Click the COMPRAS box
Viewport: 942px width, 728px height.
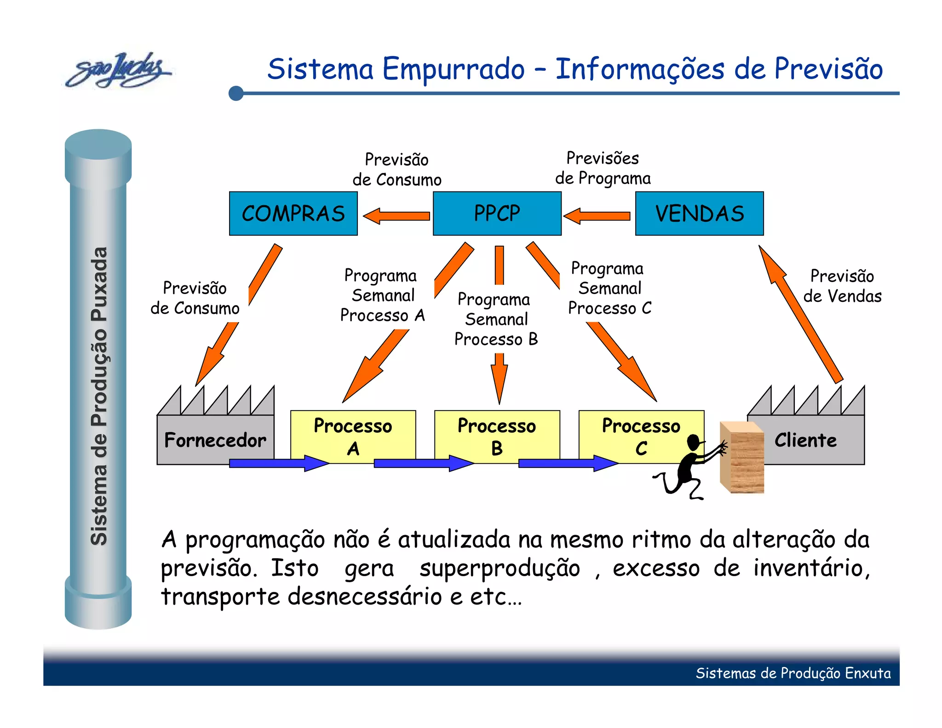(293, 214)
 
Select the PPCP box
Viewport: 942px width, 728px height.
(497, 214)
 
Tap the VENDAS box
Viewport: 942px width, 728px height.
(699, 214)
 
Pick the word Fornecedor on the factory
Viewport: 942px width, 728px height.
(215, 440)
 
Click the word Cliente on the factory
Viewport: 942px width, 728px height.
(805, 440)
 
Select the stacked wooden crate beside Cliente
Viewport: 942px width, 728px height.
(742, 458)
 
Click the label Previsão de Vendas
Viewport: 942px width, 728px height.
(842, 286)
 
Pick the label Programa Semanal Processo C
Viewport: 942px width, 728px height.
(609, 288)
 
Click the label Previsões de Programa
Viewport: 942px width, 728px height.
(603, 168)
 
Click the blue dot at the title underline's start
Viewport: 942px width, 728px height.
(236, 93)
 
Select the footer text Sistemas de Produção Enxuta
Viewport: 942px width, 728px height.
(793, 673)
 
